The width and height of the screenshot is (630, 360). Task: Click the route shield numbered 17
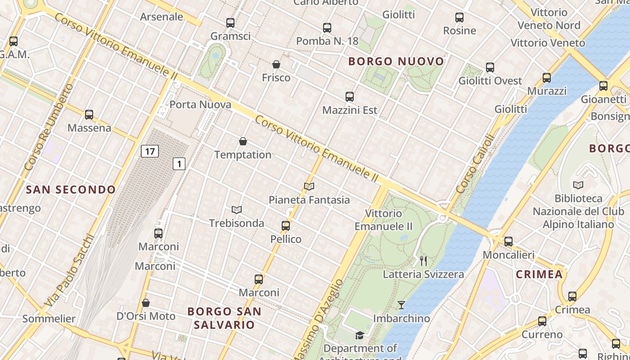pyautogui.click(x=150, y=151)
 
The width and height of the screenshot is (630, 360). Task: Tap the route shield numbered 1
pyautogui.click(x=179, y=164)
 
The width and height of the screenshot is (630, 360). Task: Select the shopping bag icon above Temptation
pyautogui.click(x=243, y=142)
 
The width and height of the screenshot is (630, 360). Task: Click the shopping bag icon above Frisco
pyautogui.click(x=276, y=65)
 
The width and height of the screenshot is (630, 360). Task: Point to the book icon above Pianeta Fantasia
pyautogui.click(x=309, y=186)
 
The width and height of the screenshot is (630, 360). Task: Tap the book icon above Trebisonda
pyautogui.click(x=237, y=210)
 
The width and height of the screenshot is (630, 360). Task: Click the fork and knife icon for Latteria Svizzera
pyautogui.click(x=423, y=261)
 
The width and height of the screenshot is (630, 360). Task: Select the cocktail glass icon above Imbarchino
pyautogui.click(x=401, y=305)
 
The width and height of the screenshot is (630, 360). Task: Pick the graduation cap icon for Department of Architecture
pyautogui.click(x=360, y=335)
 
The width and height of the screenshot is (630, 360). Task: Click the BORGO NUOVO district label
pyautogui.click(x=396, y=61)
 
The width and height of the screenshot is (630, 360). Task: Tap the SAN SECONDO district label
pyautogui.click(x=71, y=189)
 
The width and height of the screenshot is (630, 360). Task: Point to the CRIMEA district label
pyautogui.click(x=539, y=274)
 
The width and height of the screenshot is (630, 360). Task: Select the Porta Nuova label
pyautogui.click(x=200, y=105)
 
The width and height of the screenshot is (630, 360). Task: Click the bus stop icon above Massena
pyautogui.click(x=89, y=115)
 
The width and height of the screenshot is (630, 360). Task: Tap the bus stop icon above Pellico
pyautogui.click(x=286, y=226)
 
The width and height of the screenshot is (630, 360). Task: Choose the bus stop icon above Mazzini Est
pyautogui.click(x=350, y=97)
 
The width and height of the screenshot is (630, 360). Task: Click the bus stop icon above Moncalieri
pyautogui.click(x=508, y=242)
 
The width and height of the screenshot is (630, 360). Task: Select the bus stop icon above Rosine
pyautogui.click(x=459, y=18)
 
